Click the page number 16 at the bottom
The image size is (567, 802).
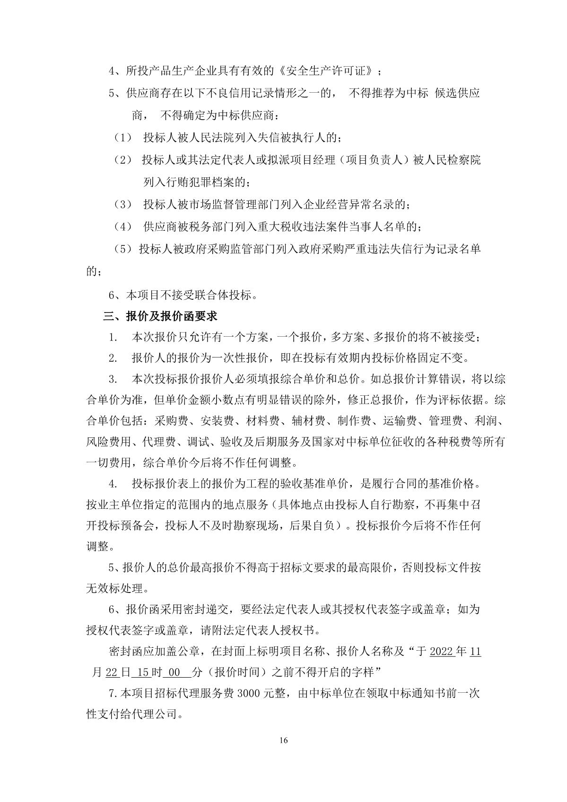pos(283,740)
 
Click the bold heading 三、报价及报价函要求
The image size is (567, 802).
pos(160,316)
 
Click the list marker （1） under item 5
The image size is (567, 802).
pos(123,138)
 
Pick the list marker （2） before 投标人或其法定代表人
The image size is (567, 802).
pos(123,160)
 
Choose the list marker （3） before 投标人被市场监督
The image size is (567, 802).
pos(123,205)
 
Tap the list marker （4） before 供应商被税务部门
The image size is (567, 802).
pos(123,227)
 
